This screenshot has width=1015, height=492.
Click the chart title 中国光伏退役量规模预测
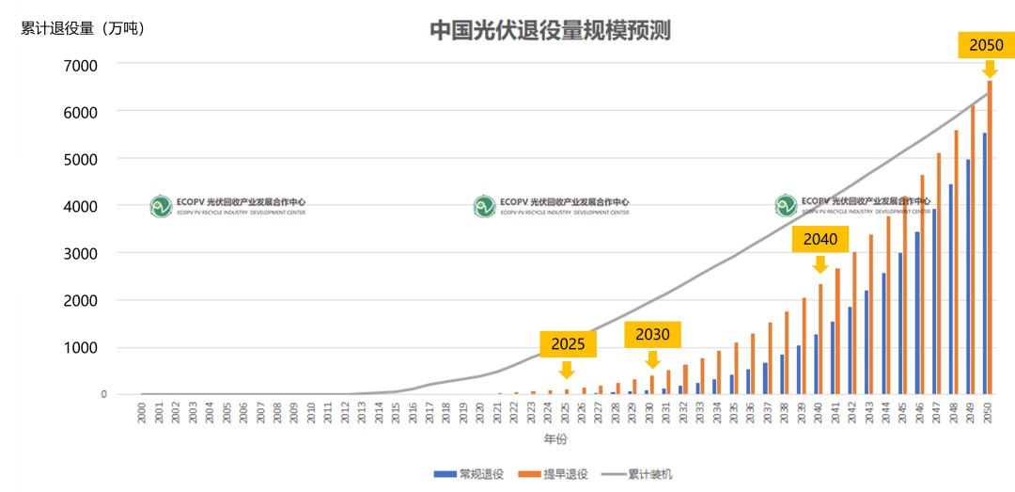point(550,30)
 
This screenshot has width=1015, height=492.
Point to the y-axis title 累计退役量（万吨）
point(83,28)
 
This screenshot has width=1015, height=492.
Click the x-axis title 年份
point(556,438)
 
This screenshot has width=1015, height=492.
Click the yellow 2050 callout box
point(986,45)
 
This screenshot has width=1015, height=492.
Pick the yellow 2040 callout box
point(820,239)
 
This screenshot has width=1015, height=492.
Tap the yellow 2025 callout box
point(568,344)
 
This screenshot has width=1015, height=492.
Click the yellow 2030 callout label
point(652,334)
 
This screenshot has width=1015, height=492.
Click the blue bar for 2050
point(984,263)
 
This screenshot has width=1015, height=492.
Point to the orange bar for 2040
point(820,339)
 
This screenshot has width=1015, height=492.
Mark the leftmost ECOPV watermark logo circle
point(161,206)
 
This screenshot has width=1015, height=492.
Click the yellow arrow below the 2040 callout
point(820,264)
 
